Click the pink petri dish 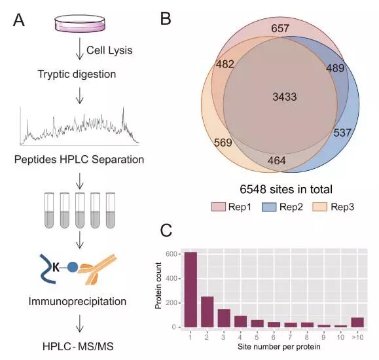(80, 23)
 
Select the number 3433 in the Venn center (285, 97)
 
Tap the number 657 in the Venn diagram (280, 28)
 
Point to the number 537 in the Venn (342, 132)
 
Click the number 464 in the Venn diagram (277, 160)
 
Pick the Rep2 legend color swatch (269, 207)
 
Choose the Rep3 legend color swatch (319, 207)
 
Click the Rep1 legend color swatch (218, 207)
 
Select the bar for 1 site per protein (190, 290)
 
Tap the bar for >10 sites (357, 322)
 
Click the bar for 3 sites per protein (224, 318)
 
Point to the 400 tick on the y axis (171, 279)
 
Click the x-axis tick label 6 (274, 337)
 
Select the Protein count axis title (158, 286)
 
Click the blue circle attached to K (73, 268)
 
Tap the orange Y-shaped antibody (99, 269)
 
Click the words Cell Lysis (109, 50)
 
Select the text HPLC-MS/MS (78, 346)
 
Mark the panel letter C (166, 230)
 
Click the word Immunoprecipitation (77, 302)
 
